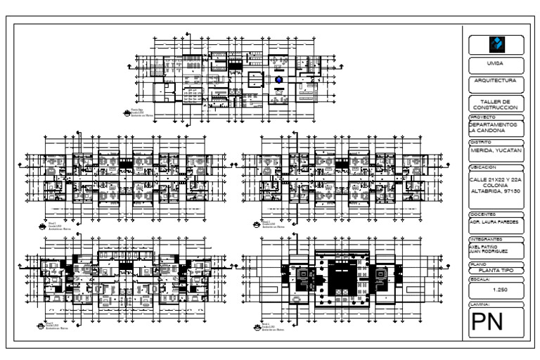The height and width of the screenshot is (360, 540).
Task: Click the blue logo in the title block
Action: [496, 44]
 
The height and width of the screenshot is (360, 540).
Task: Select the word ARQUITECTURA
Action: [496, 81]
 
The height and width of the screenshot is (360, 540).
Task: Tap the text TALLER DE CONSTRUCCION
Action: [496, 104]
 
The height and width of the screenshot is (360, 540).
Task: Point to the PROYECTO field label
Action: [483, 117]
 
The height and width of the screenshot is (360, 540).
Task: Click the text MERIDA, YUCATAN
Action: [496, 149]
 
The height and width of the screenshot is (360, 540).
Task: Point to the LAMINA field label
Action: [481, 304]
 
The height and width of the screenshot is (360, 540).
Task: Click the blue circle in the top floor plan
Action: [278, 81]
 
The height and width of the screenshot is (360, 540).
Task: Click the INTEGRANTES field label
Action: [486, 239]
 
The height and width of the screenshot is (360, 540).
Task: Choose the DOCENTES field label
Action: [483, 214]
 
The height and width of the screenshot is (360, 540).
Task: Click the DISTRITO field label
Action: [482, 142]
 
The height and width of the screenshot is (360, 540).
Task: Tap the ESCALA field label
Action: [480, 279]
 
